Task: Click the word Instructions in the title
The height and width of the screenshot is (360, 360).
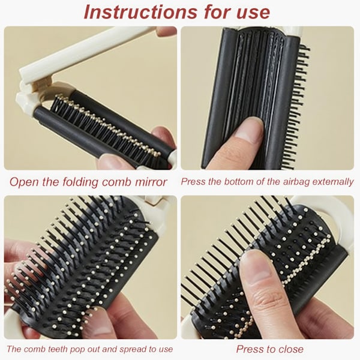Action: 140,11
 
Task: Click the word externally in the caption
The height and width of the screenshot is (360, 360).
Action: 333,182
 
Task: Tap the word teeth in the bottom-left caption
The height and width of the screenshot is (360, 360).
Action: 58,349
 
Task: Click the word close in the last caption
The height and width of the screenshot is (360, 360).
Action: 290,349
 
